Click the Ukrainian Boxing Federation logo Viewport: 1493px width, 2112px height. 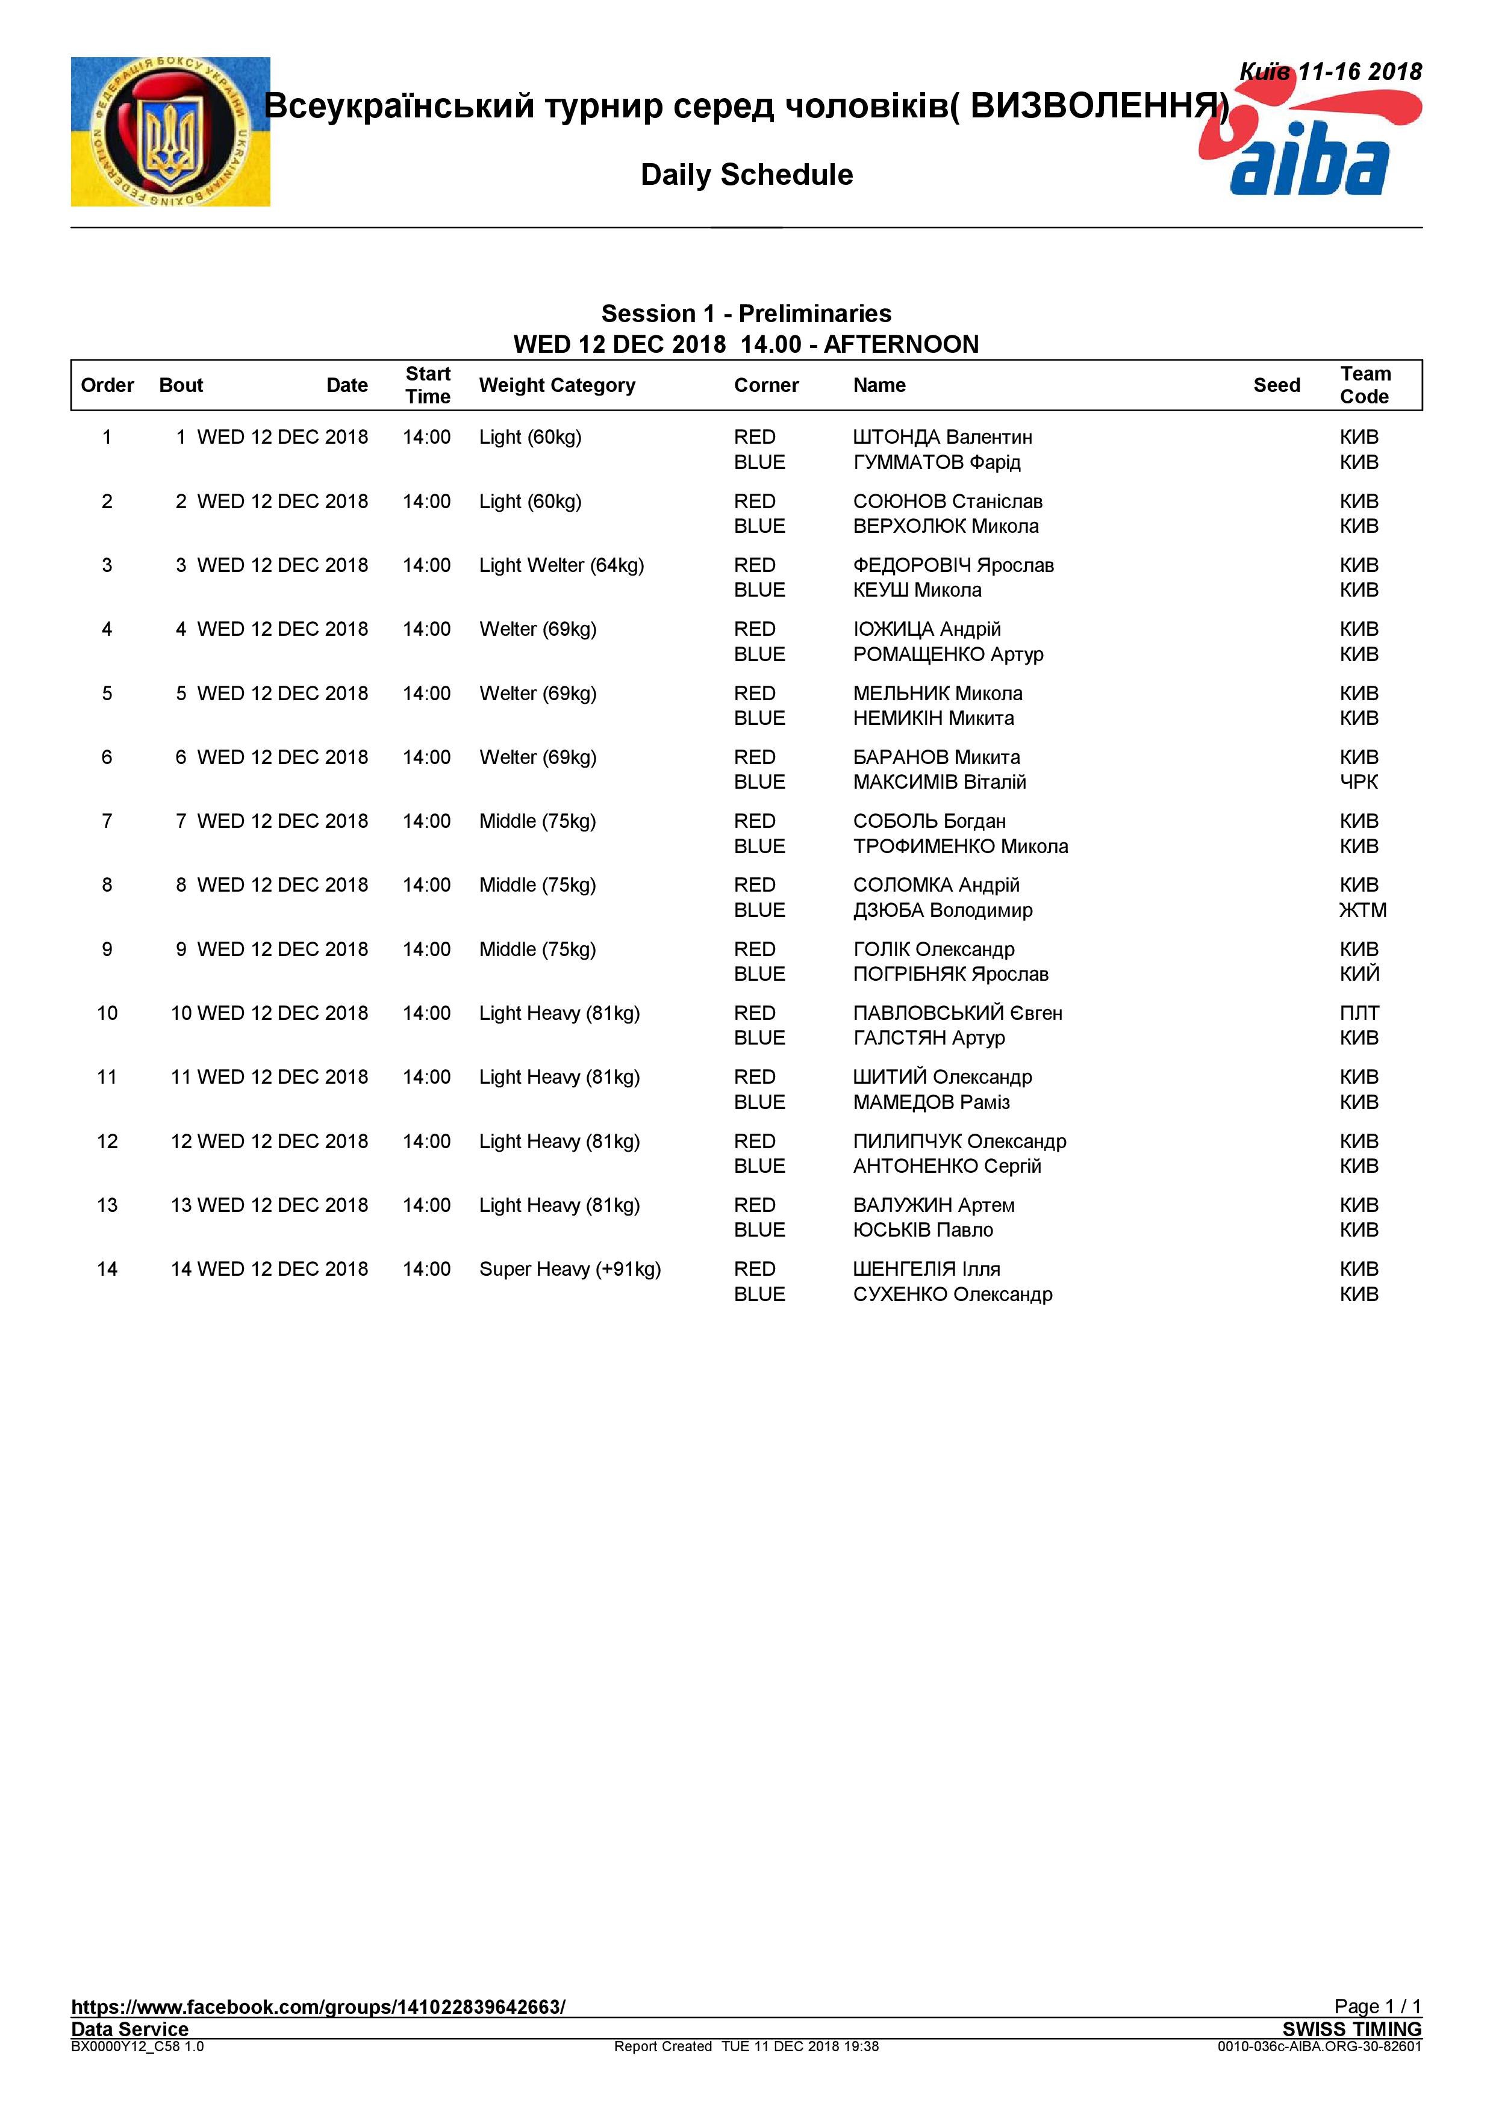pos(170,131)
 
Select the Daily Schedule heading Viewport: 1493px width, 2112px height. pos(746,175)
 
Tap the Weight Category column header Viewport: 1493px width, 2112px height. pos(556,385)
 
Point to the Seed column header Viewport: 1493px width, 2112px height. pos(1276,385)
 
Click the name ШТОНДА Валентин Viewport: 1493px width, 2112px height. pos(942,437)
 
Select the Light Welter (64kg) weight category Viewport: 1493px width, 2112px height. pos(561,565)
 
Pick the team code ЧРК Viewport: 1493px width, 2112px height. pos(1359,782)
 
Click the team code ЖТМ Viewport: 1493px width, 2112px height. pos(1362,910)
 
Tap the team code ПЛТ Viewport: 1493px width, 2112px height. pos(1359,1013)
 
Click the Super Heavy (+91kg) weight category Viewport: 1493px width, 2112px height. pos(569,1269)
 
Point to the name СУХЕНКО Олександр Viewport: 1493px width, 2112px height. pos(952,1294)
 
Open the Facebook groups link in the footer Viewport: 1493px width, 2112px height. pos(318,2006)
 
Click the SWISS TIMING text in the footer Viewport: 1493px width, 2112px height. pos(1351,2028)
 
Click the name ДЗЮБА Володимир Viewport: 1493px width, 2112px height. pos(942,910)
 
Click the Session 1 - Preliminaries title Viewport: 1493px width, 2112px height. pos(746,314)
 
